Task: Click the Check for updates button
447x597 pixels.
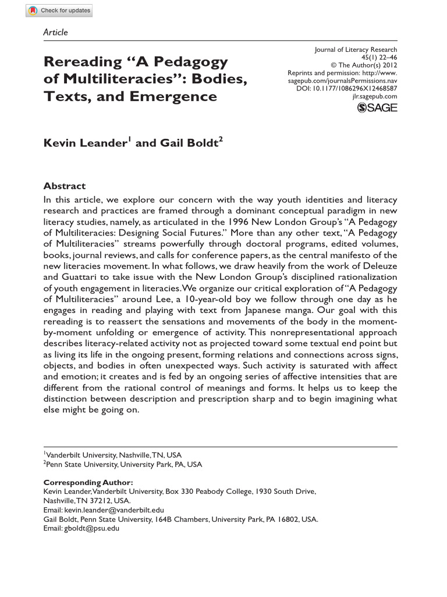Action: [x=59, y=10]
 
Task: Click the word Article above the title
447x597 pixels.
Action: [x=55, y=32]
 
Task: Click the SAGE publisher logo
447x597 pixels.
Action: [x=377, y=108]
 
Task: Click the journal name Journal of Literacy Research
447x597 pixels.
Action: [x=356, y=50]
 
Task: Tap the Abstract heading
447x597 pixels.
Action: [x=64, y=186]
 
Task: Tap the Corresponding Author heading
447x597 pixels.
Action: [x=88, y=483]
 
